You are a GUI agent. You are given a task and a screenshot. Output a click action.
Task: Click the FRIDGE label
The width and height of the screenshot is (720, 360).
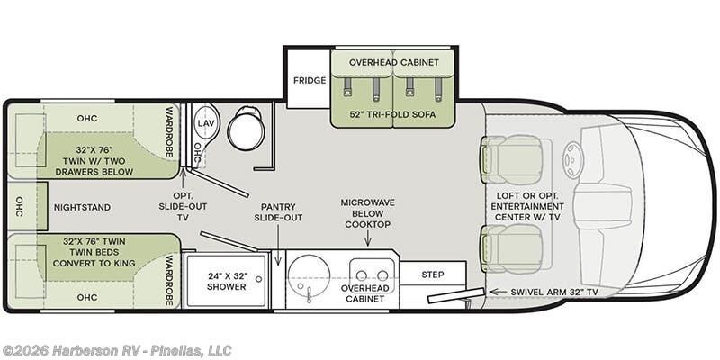point(310,80)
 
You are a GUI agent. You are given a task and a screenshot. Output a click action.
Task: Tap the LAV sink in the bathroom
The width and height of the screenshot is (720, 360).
point(205,123)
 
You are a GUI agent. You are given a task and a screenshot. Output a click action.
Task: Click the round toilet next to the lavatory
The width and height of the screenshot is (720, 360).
point(247,129)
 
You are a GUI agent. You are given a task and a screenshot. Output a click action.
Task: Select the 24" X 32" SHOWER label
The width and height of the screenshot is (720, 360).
point(227,281)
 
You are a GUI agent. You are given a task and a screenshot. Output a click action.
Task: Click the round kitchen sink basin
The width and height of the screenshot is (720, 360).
point(309,275)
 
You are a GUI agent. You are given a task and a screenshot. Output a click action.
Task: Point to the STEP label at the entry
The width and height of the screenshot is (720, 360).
point(433,274)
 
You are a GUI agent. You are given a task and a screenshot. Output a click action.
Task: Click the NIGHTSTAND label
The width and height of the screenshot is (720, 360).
point(82,208)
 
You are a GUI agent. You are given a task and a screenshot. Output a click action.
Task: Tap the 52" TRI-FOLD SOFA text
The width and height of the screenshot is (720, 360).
point(392,114)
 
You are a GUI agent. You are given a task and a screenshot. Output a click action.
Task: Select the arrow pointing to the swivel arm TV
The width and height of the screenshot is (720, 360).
point(497,292)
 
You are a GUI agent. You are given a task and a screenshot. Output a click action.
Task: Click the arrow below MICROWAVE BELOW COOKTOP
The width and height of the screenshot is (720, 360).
point(367,238)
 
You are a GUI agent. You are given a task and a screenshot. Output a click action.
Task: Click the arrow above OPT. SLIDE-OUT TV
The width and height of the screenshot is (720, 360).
point(184,178)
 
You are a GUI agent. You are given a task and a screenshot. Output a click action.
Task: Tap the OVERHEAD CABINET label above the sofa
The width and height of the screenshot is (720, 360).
point(394,62)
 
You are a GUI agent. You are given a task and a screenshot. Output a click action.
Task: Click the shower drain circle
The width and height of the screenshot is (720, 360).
point(259,279)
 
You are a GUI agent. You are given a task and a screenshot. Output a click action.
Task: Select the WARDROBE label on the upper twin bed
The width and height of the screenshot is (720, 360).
point(168,132)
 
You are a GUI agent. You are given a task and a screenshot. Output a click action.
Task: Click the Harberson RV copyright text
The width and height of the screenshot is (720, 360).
point(117,350)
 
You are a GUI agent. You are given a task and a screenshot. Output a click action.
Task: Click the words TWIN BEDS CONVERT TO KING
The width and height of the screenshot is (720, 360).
point(94,257)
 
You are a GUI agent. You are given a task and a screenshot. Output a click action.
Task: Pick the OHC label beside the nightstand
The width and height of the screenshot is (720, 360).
point(19,207)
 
